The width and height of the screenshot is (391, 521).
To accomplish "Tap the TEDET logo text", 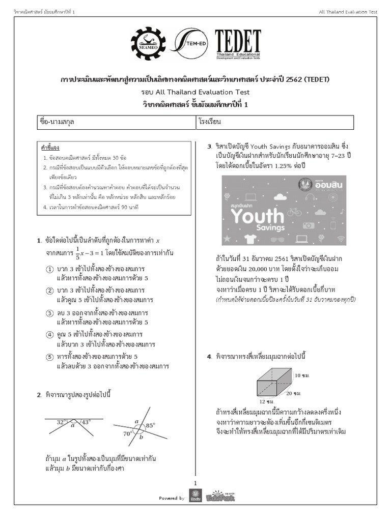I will click(237, 43).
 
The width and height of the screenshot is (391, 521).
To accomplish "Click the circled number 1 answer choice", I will click(49, 269).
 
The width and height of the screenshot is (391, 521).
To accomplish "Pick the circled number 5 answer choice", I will click(49, 356).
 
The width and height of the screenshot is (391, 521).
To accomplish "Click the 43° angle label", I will click(86, 422).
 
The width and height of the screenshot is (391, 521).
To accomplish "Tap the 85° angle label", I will click(150, 425).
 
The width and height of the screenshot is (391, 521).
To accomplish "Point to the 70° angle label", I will click(127, 433).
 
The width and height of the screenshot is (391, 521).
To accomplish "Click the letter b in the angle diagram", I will click(142, 437).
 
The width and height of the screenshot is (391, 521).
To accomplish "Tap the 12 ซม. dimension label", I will click(267, 401).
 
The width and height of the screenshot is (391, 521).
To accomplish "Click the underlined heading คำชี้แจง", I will click(50, 148).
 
